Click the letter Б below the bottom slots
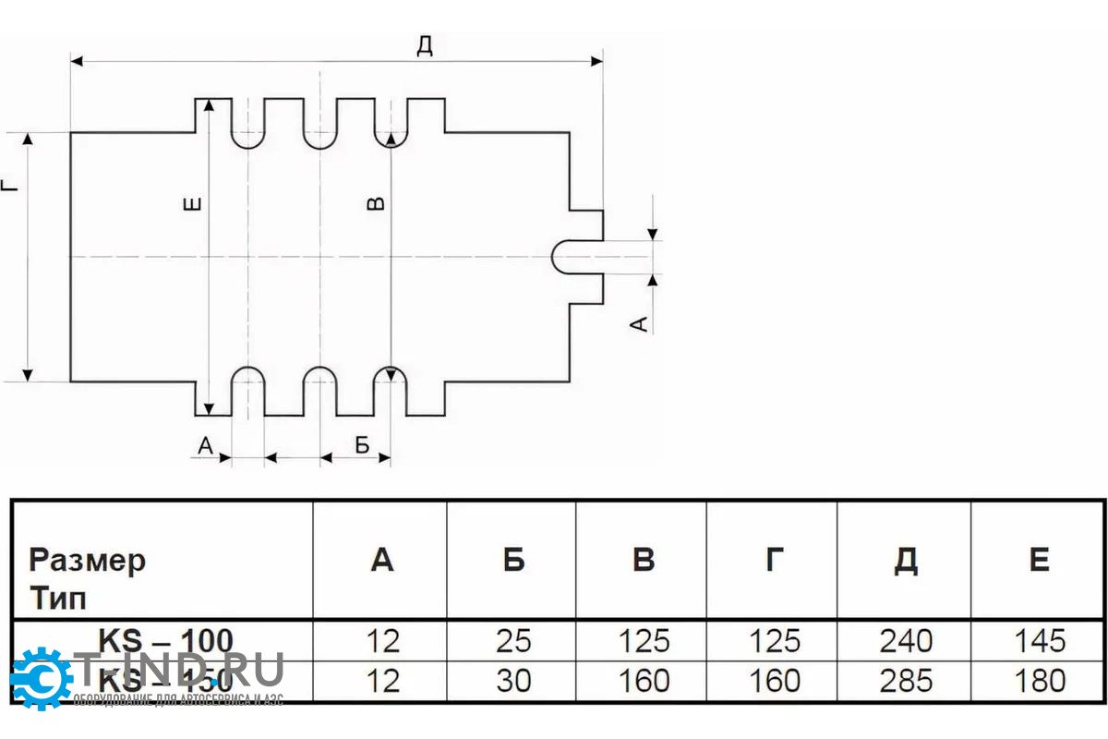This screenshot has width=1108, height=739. [362, 445]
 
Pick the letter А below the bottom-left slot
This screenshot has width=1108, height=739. [206, 445]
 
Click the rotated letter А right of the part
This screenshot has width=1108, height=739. [638, 322]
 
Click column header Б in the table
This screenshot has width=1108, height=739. [513, 560]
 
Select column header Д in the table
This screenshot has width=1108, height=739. [906, 560]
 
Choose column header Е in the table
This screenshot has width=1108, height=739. [1039, 560]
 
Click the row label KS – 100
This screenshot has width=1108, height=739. [165, 639]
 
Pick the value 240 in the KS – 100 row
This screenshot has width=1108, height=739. [906, 640]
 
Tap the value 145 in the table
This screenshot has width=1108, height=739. [1039, 640]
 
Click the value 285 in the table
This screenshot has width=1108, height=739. [906, 681]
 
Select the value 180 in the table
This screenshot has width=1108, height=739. [1039, 681]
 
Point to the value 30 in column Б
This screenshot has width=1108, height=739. [513, 681]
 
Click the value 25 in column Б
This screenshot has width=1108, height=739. [513, 640]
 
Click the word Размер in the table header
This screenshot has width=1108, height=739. [87, 560]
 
